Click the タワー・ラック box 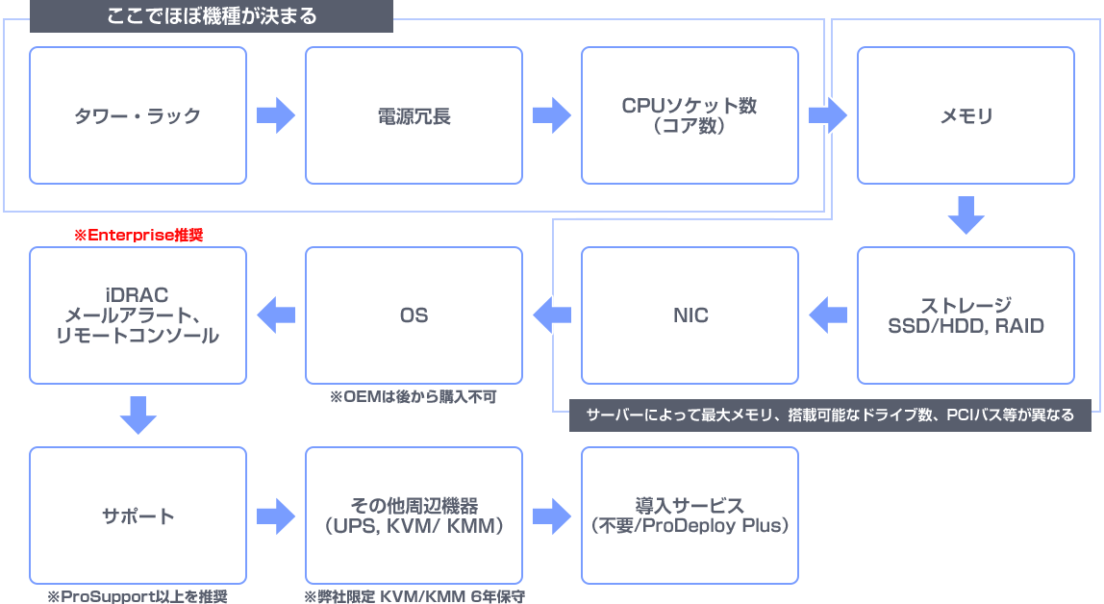coord(138,115)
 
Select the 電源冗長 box coord(414,115)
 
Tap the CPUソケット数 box coord(690,115)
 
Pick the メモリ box coord(966,115)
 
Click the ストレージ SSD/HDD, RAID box coord(966,315)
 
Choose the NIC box coord(690,315)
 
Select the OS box coord(414,315)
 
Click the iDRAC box coord(138,315)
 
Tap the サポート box coord(138,516)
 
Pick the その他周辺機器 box coord(414,516)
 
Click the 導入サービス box coord(690,516)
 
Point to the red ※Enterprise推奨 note coord(138,235)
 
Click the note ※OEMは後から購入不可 coord(413,396)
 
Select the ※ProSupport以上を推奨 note coord(138,596)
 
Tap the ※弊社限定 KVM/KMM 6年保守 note coord(414,596)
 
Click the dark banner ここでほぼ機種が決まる coord(212,16)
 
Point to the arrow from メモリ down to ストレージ coord(966,215)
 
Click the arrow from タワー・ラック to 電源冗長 coord(276,115)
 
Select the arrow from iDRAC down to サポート coord(138,415)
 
